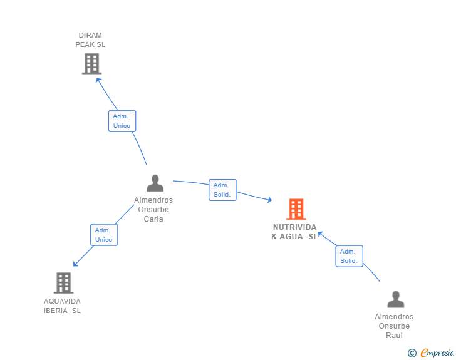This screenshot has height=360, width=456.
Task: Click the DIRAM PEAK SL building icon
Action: (91, 63)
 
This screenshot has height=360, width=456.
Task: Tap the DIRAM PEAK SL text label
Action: (90, 40)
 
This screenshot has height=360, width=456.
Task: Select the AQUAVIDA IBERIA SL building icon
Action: (63, 283)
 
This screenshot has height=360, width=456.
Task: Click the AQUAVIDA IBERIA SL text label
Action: (62, 306)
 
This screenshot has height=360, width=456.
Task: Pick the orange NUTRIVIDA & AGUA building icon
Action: (296, 209)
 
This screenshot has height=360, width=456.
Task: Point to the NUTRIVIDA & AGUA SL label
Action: (294, 232)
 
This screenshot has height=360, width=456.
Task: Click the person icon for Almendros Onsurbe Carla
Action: (155, 183)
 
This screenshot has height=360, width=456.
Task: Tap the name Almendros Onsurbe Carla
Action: (153, 210)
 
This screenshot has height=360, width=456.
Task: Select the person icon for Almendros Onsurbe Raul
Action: (395, 299)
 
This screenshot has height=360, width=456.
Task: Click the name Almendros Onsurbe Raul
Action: (394, 326)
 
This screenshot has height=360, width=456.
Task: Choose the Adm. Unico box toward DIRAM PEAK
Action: (122, 121)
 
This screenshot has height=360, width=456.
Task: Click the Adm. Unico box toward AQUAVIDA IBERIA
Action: (103, 235)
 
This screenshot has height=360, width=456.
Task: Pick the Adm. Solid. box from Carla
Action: (222, 190)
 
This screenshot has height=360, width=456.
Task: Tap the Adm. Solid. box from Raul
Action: (349, 256)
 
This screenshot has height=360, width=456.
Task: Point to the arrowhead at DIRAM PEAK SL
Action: (98, 80)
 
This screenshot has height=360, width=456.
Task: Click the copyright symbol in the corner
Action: (412, 353)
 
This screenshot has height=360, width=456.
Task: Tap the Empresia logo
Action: (437, 353)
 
